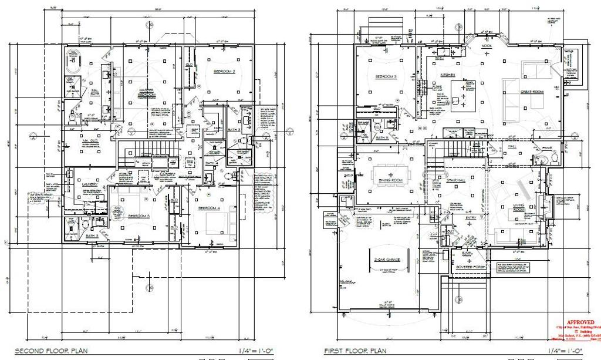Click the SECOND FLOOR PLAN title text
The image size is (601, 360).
coord(51,351)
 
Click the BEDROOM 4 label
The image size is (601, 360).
coord(209,208)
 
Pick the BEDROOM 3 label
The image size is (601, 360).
coord(140,216)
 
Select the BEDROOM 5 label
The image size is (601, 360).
coord(386,76)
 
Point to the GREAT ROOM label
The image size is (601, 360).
coord(532,92)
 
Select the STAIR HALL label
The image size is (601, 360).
coord(456,180)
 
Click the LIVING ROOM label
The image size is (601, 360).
coord(518,206)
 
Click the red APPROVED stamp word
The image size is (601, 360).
coord(579,322)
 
